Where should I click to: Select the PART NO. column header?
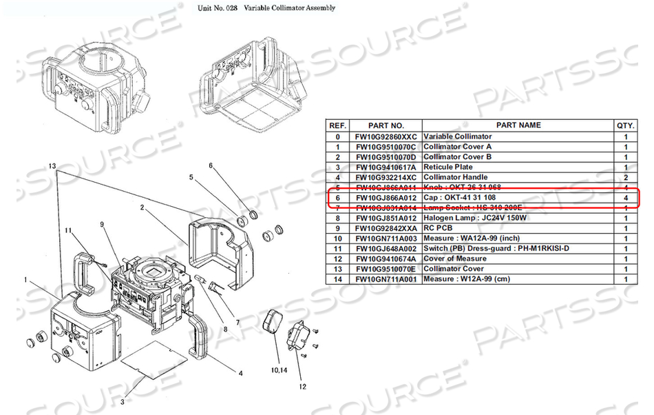click(386, 125)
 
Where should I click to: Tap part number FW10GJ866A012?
click(386, 197)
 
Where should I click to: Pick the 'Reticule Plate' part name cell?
click(448, 167)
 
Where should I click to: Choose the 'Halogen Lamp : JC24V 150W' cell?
click(474, 218)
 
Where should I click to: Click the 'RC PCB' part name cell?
click(439, 228)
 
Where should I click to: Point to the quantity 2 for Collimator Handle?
click(626, 177)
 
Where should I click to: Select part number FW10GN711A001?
click(386, 279)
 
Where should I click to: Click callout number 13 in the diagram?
click(52, 168)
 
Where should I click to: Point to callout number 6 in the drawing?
click(211, 165)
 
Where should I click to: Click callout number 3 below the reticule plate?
click(123, 401)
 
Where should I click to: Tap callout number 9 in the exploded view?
click(101, 224)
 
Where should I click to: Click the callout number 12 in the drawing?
click(302, 386)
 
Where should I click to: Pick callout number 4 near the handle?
click(240, 374)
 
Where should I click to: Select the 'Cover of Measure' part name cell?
click(454, 259)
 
